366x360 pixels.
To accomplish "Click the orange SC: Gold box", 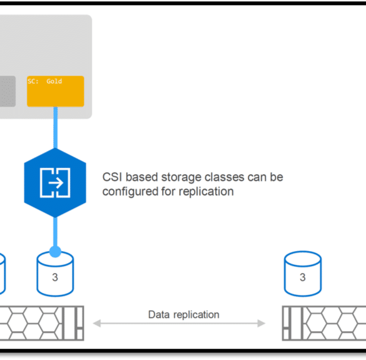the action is pyautogui.click(x=56, y=91).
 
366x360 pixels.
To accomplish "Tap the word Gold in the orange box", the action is pyautogui.click(x=54, y=81).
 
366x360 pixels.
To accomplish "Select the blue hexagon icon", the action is pyautogui.click(x=55, y=183).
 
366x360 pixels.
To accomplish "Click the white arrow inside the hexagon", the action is pyautogui.click(x=56, y=183).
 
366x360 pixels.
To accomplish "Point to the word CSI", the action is pyautogui.click(x=112, y=177).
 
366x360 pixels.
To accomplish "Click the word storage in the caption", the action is pyautogui.click(x=181, y=177).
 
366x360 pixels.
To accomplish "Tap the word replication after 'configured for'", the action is pyautogui.click(x=206, y=192).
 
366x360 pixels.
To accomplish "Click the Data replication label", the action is pyautogui.click(x=184, y=315).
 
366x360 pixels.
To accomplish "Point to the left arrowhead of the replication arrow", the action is pyautogui.click(x=96, y=323).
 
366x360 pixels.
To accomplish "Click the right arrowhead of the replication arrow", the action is pyautogui.click(x=262, y=323).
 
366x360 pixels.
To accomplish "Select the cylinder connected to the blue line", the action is pyautogui.click(x=55, y=274).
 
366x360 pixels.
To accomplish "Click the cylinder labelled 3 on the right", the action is pyautogui.click(x=303, y=274).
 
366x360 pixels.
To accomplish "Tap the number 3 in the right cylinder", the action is pyautogui.click(x=303, y=277).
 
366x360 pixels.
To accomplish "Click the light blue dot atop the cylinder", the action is pyautogui.click(x=55, y=252).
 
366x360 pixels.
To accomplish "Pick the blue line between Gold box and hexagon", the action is pyautogui.click(x=55, y=128).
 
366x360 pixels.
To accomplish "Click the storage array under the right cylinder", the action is pyautogui.click(x=324, y=323).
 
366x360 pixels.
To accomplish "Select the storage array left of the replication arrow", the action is pyautogui.click(x=42, y=323).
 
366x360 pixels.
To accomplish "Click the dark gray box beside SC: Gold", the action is pyautogui.click(x=8, y=91).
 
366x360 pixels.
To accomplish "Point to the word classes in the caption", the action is pyautogui.click(x=224, y=177).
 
